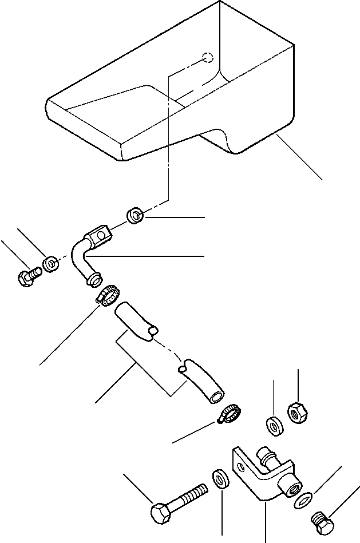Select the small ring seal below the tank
[135, 216]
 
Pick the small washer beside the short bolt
[51, 264]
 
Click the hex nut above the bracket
[297, 412]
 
